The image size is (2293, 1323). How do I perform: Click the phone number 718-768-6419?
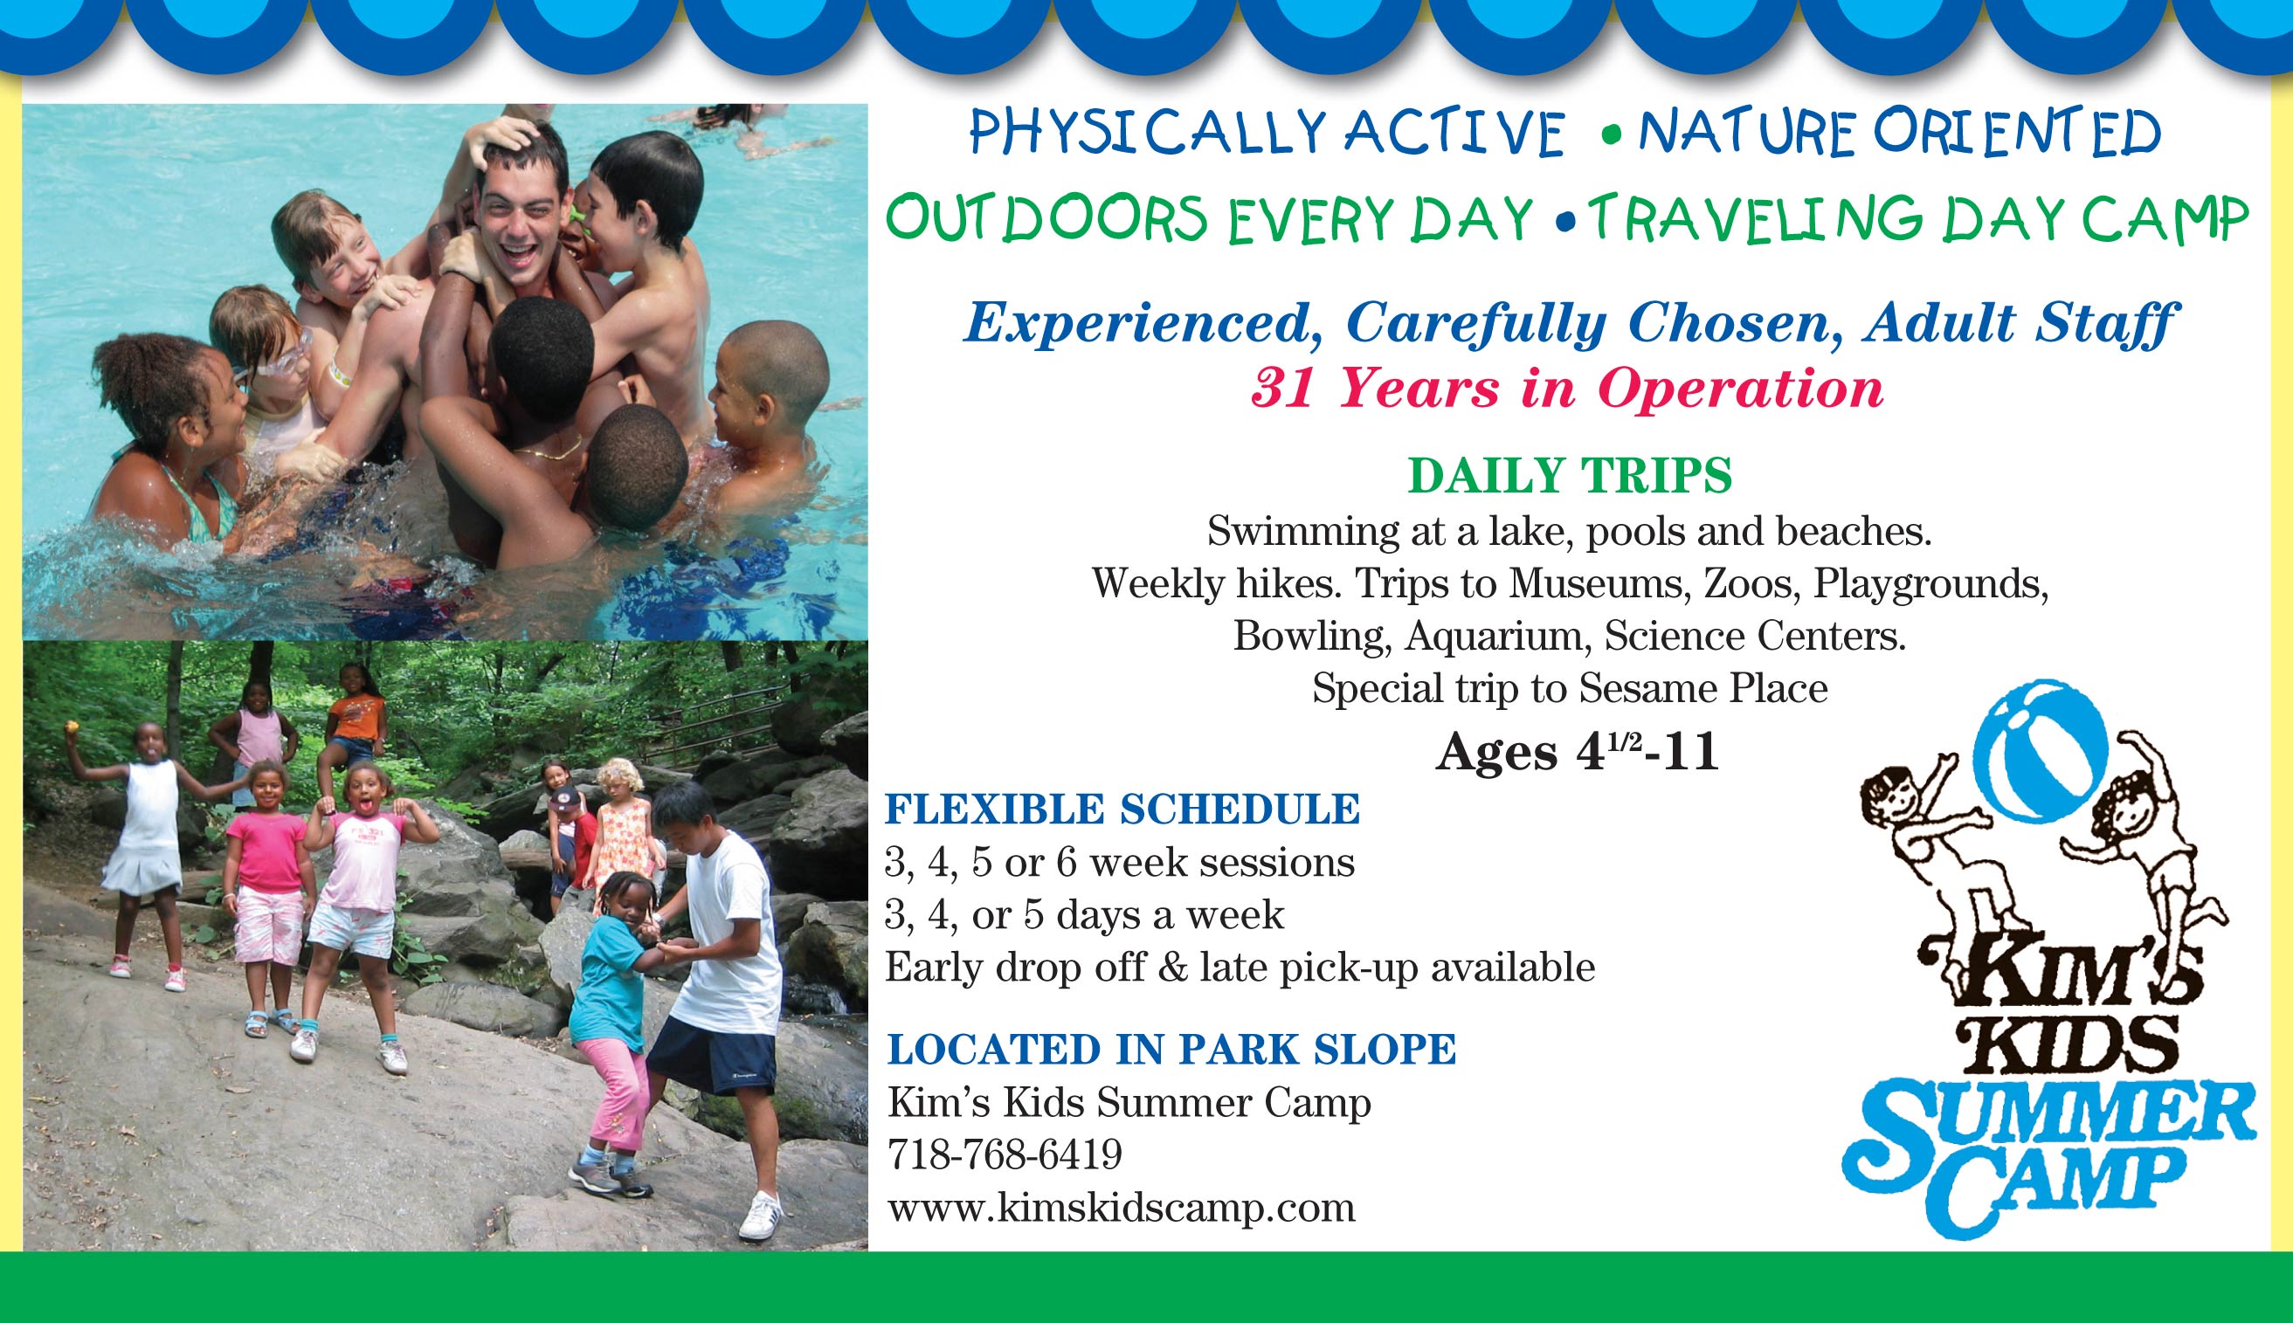tap(1005, 1155)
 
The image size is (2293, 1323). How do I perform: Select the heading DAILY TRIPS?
tap(1570, 475)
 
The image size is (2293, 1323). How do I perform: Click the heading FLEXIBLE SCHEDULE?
tap(1122, 809)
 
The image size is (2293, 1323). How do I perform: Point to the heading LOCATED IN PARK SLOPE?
tap(1171, 1049)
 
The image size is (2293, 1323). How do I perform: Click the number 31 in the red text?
tap(1283, 389)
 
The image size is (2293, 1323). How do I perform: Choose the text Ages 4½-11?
tap(1577, 754)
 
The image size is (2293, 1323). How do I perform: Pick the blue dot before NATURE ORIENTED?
tap(1613, 138)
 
